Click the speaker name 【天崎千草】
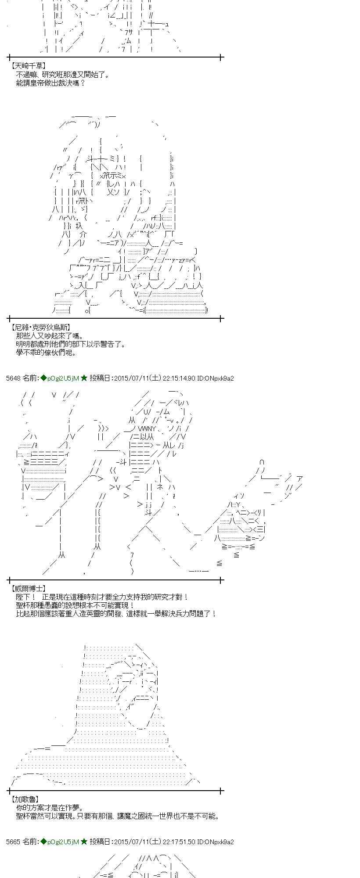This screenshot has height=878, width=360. (28, 66)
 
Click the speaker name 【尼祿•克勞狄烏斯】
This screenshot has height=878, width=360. (40, 327)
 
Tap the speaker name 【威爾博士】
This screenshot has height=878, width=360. (28, 588)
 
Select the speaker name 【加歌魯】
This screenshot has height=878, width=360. (25, 799)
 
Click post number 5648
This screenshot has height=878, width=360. (14, 378)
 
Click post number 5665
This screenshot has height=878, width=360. (14, 842)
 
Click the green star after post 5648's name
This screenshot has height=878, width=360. (84, 378)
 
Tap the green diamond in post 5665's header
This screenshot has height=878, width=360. (43, 842)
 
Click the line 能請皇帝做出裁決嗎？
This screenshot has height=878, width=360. (50, 83)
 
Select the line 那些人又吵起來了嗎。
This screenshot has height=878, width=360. (50, 336)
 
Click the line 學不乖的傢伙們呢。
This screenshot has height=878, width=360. (47, 353)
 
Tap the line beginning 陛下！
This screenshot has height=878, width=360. (102, 597)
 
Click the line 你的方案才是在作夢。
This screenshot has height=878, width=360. (50, 808)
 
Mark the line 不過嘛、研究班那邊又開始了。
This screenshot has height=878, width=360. (63, 74)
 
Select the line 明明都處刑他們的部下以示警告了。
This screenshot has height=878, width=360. (71, 344)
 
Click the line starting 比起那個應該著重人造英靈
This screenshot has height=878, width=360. (116, 614)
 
